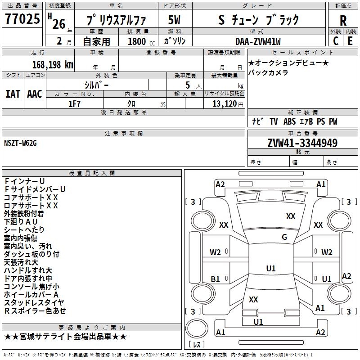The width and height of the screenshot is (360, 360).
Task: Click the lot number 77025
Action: (22, 19)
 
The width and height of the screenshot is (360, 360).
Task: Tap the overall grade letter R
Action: (343, 20)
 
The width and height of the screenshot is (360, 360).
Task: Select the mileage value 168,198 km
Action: (53, 65)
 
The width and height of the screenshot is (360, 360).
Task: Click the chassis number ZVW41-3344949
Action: (302, 143)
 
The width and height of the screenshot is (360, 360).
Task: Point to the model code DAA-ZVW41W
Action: (258, 41)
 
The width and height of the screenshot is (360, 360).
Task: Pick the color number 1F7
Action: (74, 104)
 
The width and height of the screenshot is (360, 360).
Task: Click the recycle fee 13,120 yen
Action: (228, 104)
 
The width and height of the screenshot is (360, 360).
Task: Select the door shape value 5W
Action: (174, 20)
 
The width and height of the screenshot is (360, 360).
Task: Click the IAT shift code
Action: (13, 94)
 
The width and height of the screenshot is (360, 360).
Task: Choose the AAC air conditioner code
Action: (35, 94)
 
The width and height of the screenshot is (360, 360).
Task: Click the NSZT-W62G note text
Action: (20, 143)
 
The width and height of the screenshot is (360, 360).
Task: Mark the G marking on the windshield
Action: (284, 237)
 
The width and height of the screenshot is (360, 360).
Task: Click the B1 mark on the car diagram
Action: (215, 279)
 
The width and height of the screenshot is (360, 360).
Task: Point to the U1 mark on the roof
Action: (271, 268)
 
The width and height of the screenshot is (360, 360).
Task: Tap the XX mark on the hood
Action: (291, 216)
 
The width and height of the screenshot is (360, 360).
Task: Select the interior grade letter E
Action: (350, 41)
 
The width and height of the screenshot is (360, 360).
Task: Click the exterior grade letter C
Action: (336, 41)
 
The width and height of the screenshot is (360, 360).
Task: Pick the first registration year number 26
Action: (59, 24)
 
